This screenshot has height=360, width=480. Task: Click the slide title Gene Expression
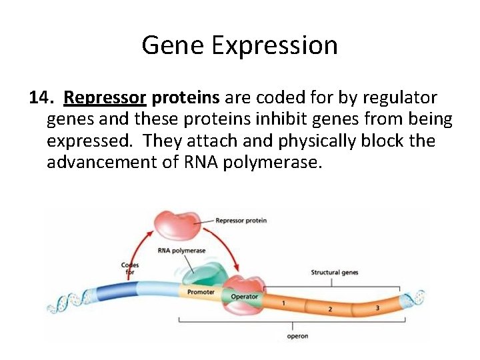239,45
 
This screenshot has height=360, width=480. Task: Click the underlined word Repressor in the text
105,98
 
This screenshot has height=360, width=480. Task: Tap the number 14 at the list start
41,98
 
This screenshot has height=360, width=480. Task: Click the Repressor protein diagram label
241,221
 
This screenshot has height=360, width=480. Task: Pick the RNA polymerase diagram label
181,251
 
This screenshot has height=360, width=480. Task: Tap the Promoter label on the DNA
201,292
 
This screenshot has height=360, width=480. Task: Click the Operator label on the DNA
244,296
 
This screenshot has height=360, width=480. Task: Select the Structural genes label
335,273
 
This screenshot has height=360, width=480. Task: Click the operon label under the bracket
297,336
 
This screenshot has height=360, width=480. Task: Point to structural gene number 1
283,303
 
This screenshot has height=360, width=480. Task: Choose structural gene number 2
329,309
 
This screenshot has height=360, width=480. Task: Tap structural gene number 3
377,307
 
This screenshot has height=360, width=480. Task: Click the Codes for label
130,269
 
